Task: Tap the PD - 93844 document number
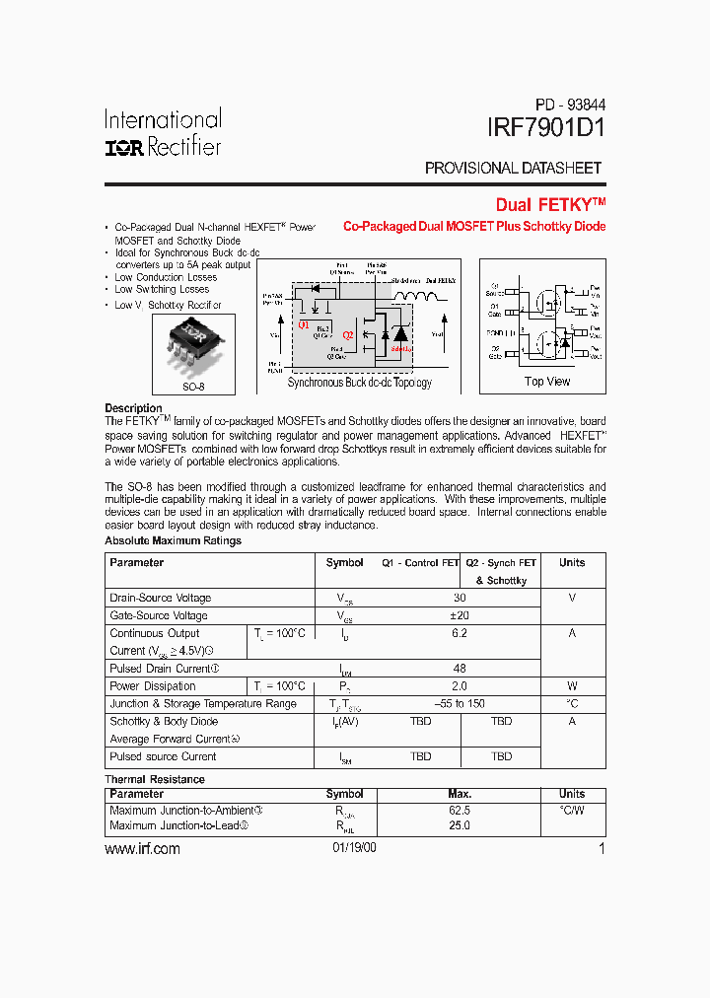(x=570, y=104)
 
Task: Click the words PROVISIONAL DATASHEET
(x=513, y=169)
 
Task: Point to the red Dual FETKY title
(x=550, y=205)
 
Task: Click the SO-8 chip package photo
(x=194, y=344)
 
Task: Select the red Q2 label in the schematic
(x=347, y=321)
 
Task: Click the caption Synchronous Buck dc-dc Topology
(x=359, y=383)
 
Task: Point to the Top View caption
(x=547, y=382)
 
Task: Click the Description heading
(x=133, y=408)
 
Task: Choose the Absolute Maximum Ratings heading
(x=173, y=541)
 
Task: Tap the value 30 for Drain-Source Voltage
(x=460, y=598)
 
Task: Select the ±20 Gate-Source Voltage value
(x=460, y=615)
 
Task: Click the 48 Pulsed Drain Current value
(x=460, y=669)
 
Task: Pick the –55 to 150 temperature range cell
(x=460, y=704)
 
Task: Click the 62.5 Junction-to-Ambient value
(x=460, y=810)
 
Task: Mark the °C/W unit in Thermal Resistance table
(x=572, y=810)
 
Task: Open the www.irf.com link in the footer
(x=142, y=849)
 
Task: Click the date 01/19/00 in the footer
(x=354, y=849)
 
